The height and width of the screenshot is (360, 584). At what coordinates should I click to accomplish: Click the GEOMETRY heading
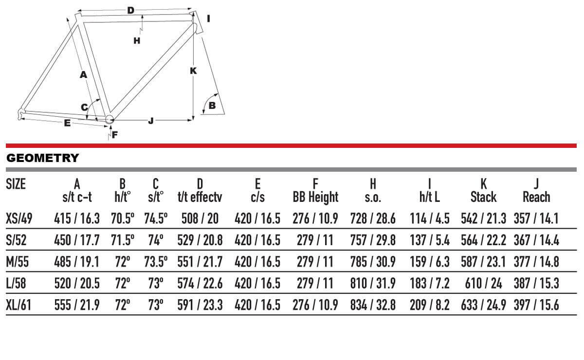coord(42,158)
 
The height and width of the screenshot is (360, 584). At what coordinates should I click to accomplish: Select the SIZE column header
coord(16,184)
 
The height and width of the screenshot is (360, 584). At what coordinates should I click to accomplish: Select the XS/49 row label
coord(19,218)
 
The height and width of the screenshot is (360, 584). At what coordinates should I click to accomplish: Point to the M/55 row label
coord(17,262)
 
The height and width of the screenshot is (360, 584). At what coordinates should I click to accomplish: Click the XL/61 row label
coord(18,305)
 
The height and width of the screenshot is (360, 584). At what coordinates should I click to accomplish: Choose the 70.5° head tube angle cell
coord(123,218)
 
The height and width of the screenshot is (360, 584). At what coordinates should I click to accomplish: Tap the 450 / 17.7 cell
coord(77,240)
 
